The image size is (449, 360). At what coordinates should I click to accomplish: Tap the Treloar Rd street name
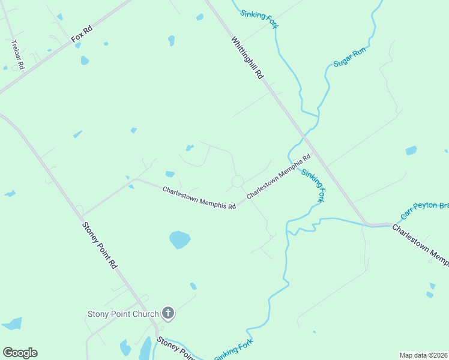tap(17, 55)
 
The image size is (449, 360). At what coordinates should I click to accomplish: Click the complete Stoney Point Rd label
tap(100, 244)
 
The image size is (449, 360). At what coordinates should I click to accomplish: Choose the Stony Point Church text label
tap(123, 314)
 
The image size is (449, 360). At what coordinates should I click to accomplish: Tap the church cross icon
tap(168, 313)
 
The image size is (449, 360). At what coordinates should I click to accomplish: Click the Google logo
tap(20, 353)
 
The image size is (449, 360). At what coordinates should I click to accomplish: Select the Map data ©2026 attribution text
tap(424, 355)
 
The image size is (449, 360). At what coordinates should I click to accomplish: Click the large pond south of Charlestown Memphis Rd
tap(179, 239)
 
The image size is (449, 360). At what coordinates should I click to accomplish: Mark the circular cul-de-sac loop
tap(238, 181)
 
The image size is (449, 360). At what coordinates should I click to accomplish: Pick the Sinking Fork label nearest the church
tap(234, 349)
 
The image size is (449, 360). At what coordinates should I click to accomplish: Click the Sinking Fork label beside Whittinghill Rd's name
tap(259, 18)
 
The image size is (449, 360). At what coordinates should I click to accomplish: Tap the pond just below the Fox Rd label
tap(85, 61)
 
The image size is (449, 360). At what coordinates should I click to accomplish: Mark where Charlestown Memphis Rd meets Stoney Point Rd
tap(82, 215)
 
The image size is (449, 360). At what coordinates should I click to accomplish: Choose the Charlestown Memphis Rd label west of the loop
tap(199, 197)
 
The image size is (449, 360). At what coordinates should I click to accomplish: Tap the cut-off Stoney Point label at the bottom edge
tap(175, 348)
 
